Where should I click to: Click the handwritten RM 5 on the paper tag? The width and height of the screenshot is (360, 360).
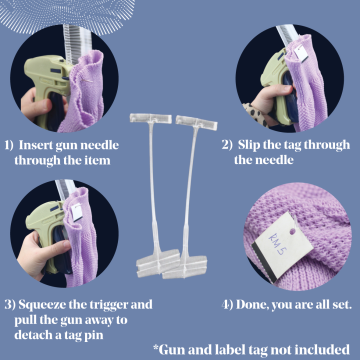click(277, 243)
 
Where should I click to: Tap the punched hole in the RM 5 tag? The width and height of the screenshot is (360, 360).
click(292, 231)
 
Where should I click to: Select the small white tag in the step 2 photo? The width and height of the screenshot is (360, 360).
click(301, 53)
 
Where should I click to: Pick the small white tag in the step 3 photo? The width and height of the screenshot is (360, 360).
click(76, 212)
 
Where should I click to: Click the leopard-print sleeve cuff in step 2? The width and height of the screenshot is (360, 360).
click(255, 114)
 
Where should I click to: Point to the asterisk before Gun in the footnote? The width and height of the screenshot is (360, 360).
click(156, 347)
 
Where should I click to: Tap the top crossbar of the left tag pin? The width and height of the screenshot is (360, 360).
click(150, 118)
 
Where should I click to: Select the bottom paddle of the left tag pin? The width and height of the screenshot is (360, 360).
click(158, 263)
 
